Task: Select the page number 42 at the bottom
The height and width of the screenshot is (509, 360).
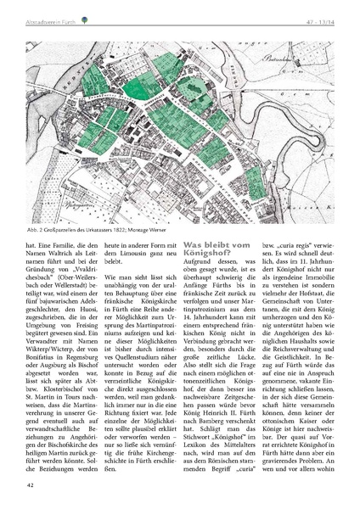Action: coord(31,486)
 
